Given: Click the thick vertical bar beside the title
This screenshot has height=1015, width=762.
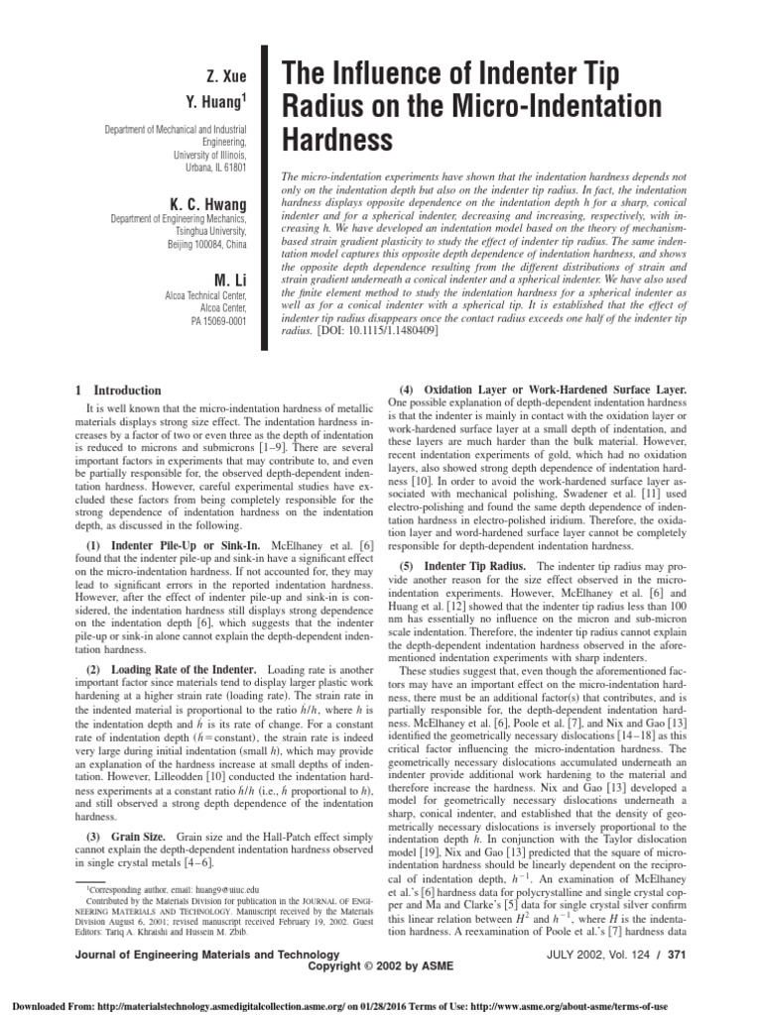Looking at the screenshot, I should (266, 197).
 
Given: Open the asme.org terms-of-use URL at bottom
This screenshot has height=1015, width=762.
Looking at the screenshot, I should (626, 1002).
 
